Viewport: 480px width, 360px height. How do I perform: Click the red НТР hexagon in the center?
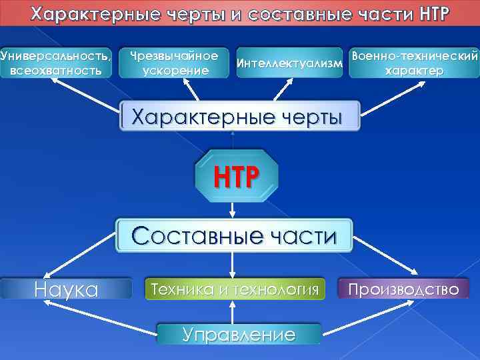click(x=234, y=175)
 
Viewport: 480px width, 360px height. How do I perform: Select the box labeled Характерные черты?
click(x=239, y=117)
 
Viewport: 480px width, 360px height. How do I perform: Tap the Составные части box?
click(x=234, y=235)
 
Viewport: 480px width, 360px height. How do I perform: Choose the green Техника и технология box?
click(x=235, y=289)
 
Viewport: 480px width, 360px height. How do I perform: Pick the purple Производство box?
click(x=404, y=289)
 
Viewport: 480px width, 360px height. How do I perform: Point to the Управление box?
click(x=238, y=333)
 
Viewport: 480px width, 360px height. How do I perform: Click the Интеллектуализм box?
click(x=289, y=63)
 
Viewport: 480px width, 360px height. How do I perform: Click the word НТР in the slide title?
click(x=435, y=14)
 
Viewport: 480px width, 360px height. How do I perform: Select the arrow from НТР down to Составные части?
click(x=233, y=208)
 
